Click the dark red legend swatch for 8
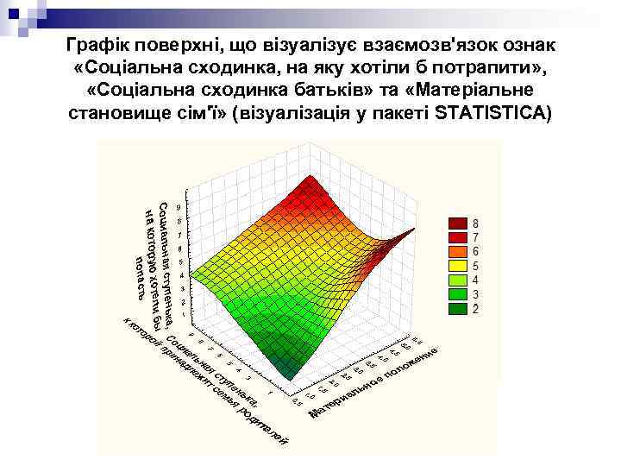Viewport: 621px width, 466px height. click(456, 223)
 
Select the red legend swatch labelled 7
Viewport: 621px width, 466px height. click(456, 236)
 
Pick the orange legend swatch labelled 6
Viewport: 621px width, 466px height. click(456, 251)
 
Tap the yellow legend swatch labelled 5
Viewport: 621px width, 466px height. click(456, 265)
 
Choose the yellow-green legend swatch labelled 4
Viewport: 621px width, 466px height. click(456, 280)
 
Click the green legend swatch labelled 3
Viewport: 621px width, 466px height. click(456, 293)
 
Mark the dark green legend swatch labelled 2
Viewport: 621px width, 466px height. click(456, 308)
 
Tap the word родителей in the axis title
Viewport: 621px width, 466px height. click(263, 427)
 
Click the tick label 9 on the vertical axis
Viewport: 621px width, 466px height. click(178, 207)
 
